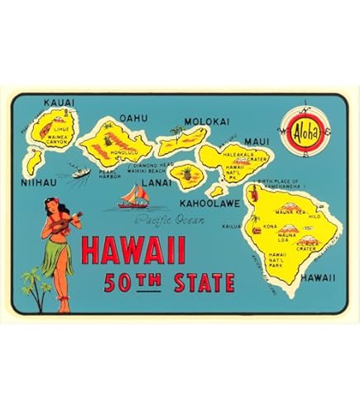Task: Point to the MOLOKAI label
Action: coord(206,121)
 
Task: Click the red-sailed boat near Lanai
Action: coord(136,197)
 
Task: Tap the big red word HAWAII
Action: coord(132,250)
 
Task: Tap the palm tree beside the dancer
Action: coord(31,282)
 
